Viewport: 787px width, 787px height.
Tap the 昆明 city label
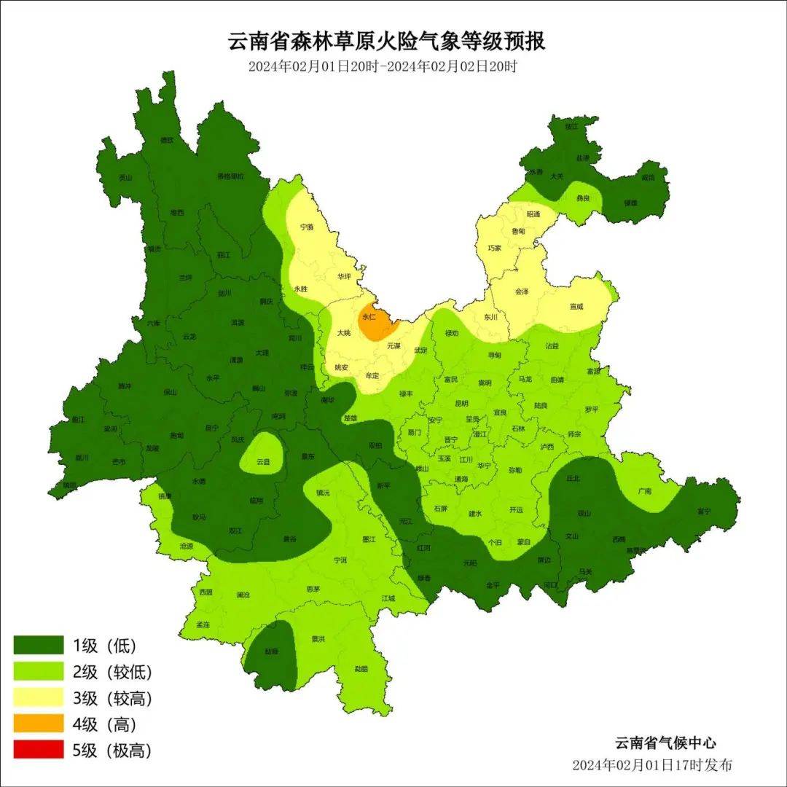461,403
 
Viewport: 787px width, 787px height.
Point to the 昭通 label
533,214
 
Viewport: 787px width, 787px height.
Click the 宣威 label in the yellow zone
576,307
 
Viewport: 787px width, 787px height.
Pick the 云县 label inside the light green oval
263,462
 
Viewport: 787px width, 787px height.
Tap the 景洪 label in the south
318,639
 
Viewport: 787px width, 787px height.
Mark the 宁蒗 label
307,227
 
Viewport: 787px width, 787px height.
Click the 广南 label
644,491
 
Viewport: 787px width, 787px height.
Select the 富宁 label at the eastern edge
703,512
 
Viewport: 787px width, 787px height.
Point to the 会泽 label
522,291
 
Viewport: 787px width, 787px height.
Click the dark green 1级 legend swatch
39,645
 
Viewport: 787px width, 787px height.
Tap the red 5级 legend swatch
39,750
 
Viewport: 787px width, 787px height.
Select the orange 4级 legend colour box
39,724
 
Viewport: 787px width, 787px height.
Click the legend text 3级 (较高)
112,698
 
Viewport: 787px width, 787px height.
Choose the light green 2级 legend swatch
39,671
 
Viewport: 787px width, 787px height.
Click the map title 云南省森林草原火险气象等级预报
386,42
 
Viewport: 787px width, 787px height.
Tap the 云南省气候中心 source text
665,743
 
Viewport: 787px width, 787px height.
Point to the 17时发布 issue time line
652,765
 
